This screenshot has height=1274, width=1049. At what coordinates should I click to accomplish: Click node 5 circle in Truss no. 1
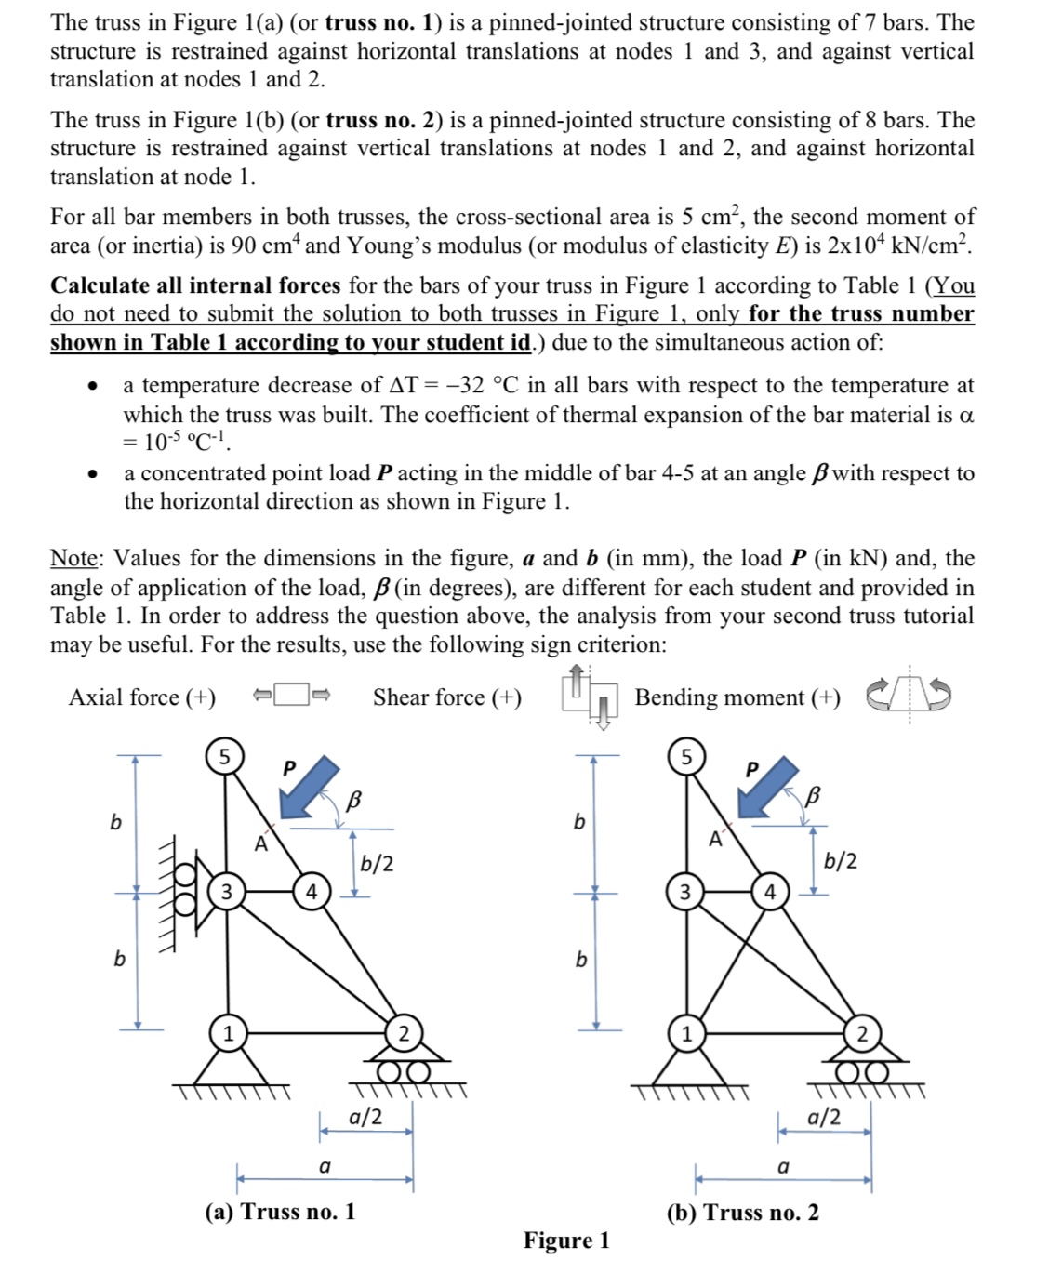coord(224,755)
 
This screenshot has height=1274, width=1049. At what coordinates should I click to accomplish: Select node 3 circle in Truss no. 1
coord(225,891)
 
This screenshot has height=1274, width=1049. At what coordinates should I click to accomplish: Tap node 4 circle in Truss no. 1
coord(312,891)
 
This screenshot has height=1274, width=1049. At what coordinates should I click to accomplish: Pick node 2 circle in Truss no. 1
coord(403,1033)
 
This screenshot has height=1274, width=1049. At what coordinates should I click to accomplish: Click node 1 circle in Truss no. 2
coord(686,1033)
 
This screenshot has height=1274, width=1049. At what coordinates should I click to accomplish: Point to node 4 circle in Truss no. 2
coord(769,892)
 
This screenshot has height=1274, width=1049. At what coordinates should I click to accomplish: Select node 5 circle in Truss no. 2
coord(686,756)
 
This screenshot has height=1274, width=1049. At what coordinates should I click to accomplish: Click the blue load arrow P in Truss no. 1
coord(310,787)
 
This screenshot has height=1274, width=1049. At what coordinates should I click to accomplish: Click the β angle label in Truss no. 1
coord(353,799)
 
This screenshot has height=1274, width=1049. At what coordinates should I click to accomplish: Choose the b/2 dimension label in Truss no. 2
coord(841,860)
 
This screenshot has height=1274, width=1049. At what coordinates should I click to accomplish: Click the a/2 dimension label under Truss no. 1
coord(365,1116)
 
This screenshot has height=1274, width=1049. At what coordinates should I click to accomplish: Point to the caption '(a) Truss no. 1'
coord(280,1212)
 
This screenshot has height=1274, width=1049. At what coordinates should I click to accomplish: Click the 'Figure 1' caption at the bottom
coord(566,1241)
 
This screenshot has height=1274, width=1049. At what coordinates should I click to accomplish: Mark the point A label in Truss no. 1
coord(261,844)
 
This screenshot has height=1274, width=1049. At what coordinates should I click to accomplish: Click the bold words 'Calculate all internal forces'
coord(195,285)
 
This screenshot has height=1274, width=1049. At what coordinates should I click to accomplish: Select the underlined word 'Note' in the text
coord(74,558)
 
